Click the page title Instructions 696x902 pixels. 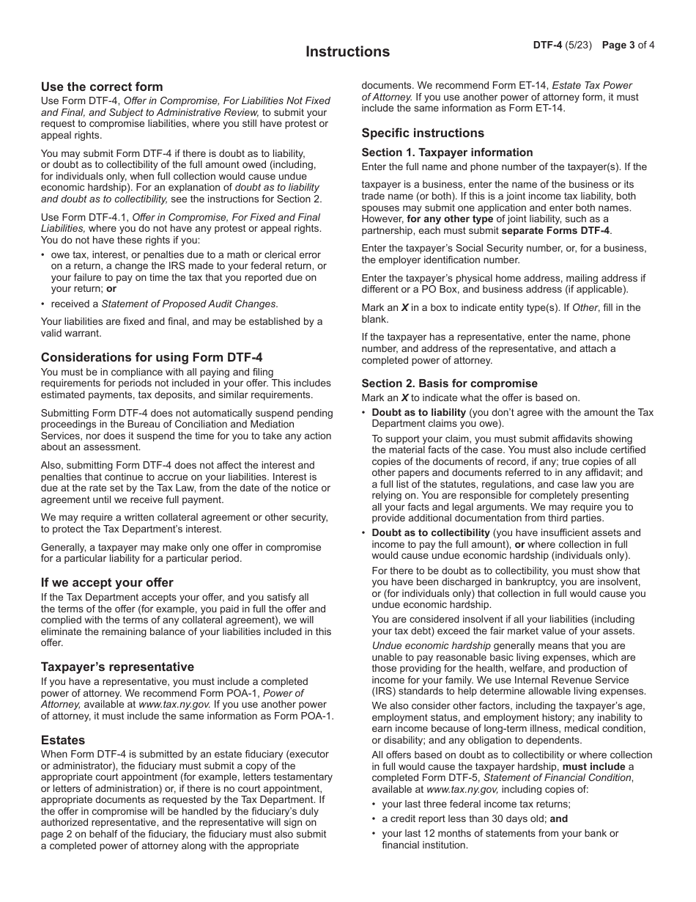click(x=347, y=52)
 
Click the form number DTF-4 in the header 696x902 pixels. click(x=547, y=45)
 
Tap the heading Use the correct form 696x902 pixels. click(x=102, y=87)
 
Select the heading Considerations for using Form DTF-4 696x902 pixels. click(x=152, y=358)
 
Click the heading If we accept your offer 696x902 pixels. click(x=107, y=583)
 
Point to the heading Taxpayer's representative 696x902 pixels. click(x=117, y=667)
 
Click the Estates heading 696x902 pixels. click(x=63, y=741)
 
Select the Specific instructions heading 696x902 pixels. click(x=423, y=133)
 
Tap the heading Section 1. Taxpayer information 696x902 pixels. click(x=447, y=153)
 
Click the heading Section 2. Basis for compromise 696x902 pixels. click(x=449, y=384)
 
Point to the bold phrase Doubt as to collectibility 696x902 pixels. click(x=431, y=533)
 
